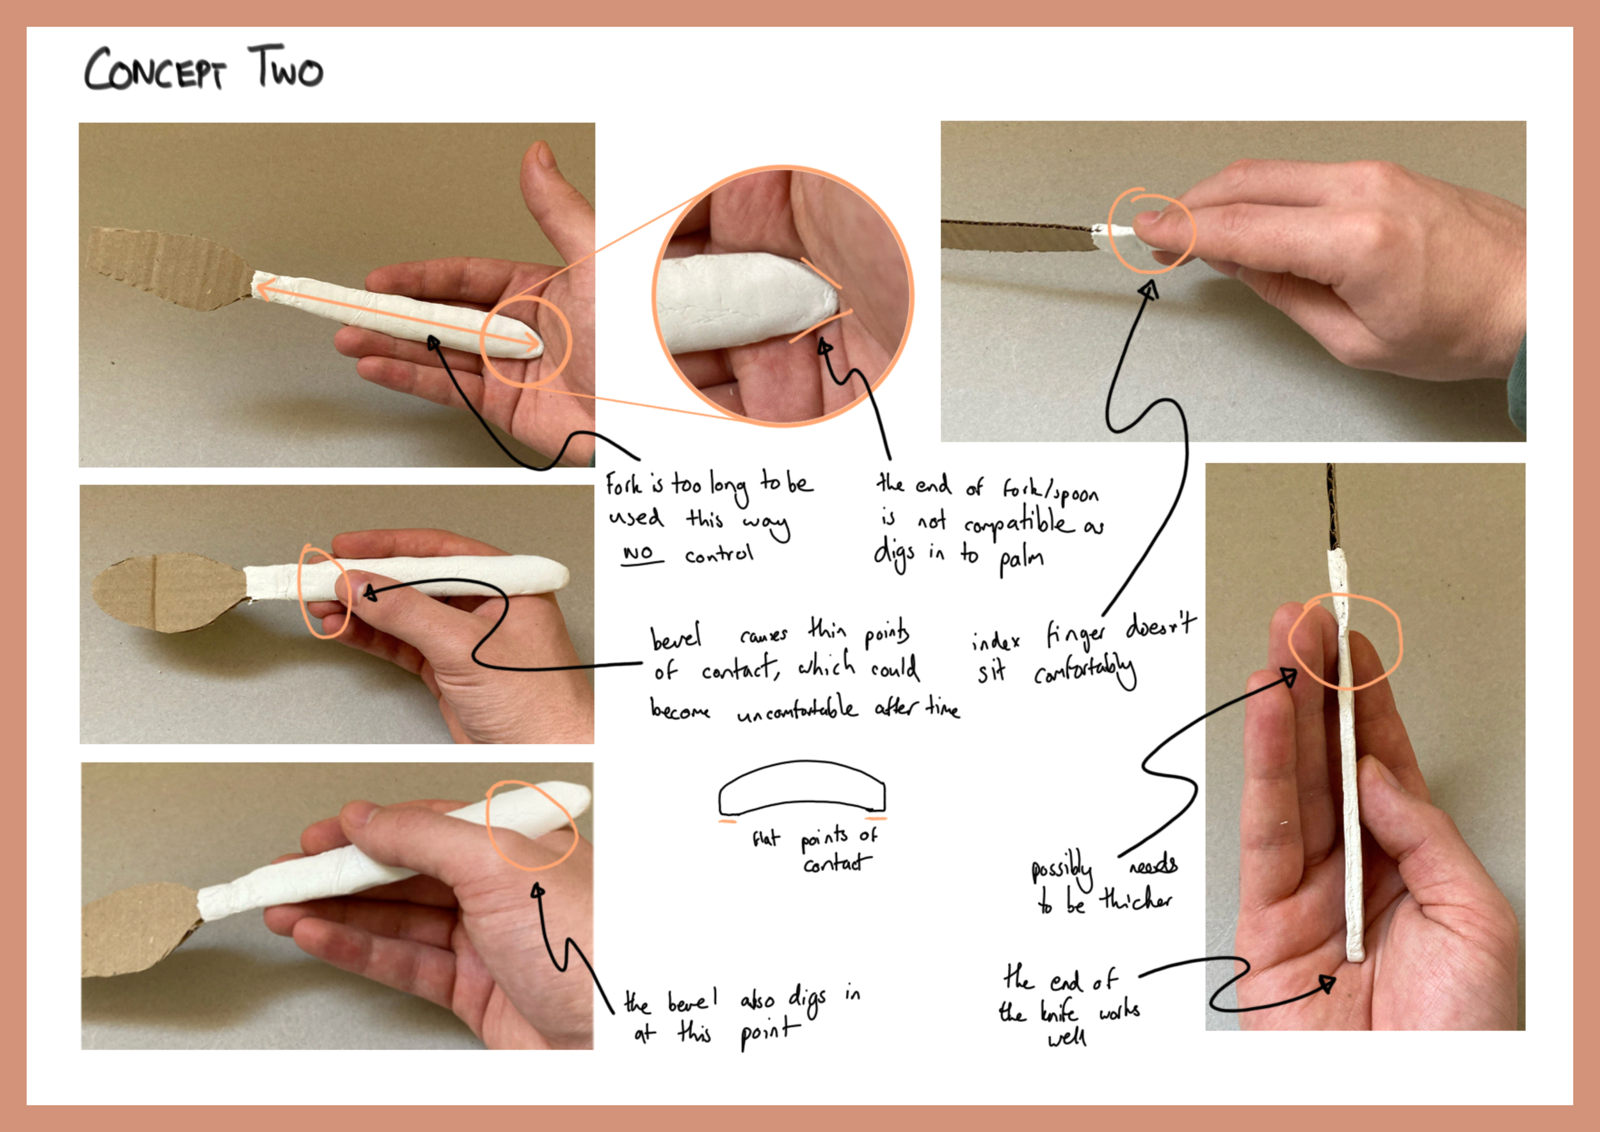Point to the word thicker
1135,899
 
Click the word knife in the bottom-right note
1059,1012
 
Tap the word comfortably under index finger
1084,670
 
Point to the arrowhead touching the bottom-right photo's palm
1327,984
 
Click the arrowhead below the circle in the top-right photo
1149,289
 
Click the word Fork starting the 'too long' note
623,484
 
